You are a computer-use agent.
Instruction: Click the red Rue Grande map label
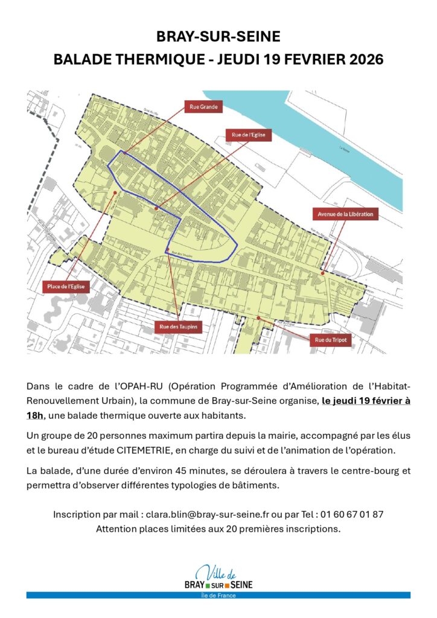coord(203,107)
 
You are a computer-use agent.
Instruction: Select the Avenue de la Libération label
coord(346,214)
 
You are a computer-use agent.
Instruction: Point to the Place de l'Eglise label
coord(66,287)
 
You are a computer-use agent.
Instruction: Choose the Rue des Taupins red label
coord(179,327)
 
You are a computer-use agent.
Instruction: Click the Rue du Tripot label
coord(329,340)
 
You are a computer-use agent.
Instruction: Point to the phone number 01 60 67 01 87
coord(349,515)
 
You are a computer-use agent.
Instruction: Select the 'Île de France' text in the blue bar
coord(218,596)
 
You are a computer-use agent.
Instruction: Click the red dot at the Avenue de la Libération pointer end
coord(323,273)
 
